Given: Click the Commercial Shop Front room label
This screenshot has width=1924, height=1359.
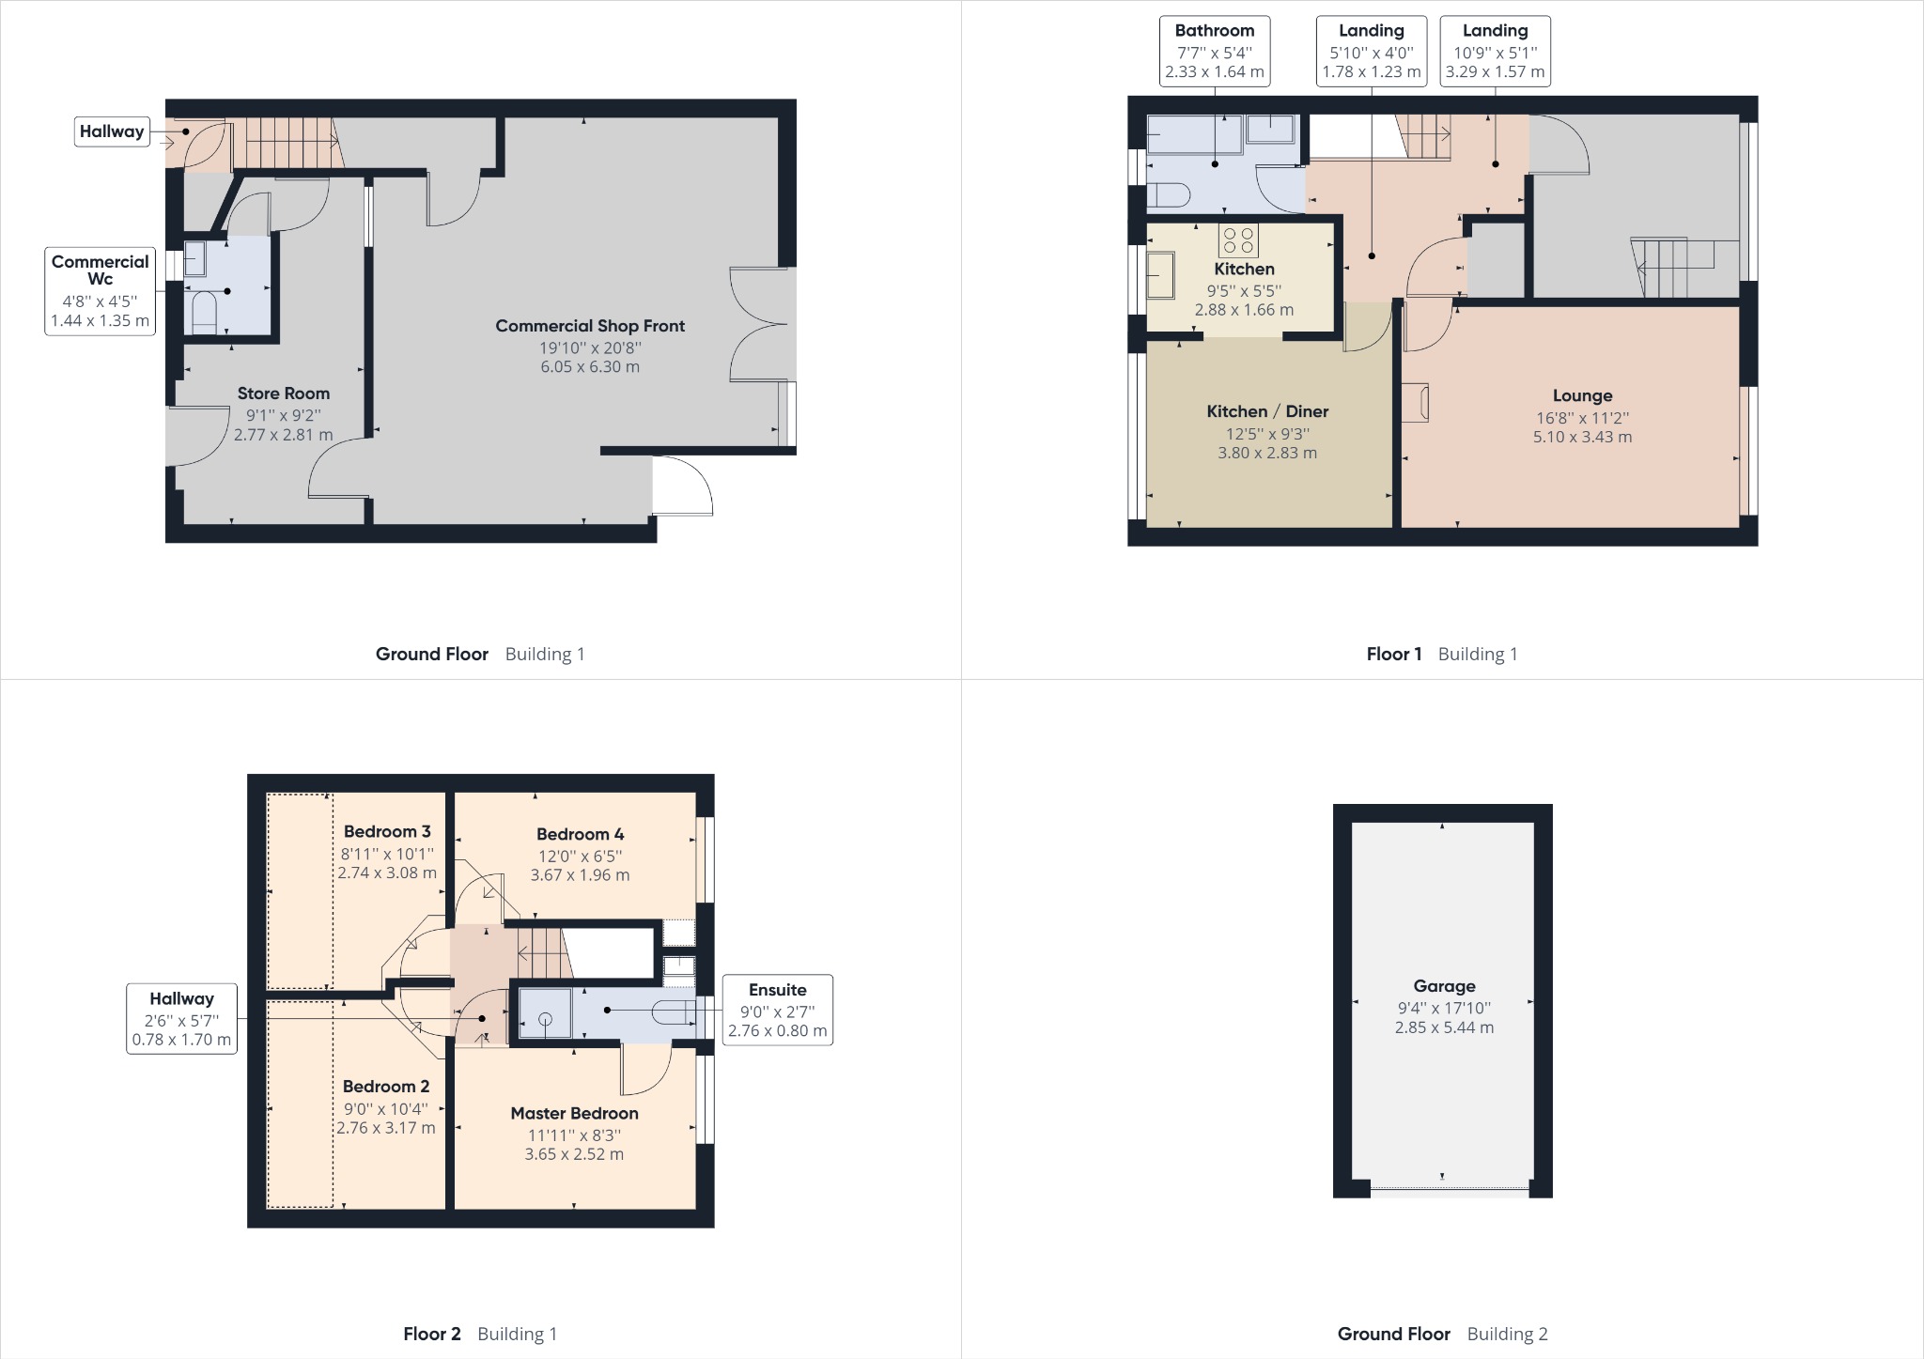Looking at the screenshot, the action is [x=590, y=326].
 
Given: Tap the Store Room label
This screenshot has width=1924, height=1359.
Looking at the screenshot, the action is [x=283, y=394].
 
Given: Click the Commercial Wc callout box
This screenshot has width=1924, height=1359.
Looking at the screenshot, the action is [x=100, y=291].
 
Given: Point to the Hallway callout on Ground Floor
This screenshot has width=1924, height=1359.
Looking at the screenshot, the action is [x=112, y=131].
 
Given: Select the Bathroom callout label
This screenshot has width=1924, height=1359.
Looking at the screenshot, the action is [x=1215, y=52].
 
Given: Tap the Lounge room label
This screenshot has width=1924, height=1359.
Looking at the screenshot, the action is [x=1582, y=396].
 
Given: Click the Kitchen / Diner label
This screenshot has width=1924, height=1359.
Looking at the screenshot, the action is [x=1267, y=411].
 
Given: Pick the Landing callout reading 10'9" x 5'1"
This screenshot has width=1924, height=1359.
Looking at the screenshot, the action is [x=1495, y=52].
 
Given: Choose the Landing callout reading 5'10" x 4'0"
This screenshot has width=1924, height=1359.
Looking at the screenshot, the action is [x=1372, y=52].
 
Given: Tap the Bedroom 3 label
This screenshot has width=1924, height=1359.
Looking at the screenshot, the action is [x=387, y=831].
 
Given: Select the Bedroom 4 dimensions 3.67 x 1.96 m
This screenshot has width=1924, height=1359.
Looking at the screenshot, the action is [x=580, y=875].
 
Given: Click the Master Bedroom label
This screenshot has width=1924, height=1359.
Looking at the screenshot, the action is [x=574, y=1113].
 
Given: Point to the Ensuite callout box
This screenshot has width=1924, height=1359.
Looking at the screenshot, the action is [x=777, y=1010].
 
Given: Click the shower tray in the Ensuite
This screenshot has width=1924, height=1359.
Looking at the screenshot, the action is [x=545, y=1013].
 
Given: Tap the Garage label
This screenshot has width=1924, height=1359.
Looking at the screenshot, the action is [x=1444, y=986].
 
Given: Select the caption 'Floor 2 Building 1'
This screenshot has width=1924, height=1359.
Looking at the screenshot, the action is [x=480, y=1334].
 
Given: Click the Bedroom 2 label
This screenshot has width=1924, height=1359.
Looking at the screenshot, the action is [x=386, y=1087].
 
